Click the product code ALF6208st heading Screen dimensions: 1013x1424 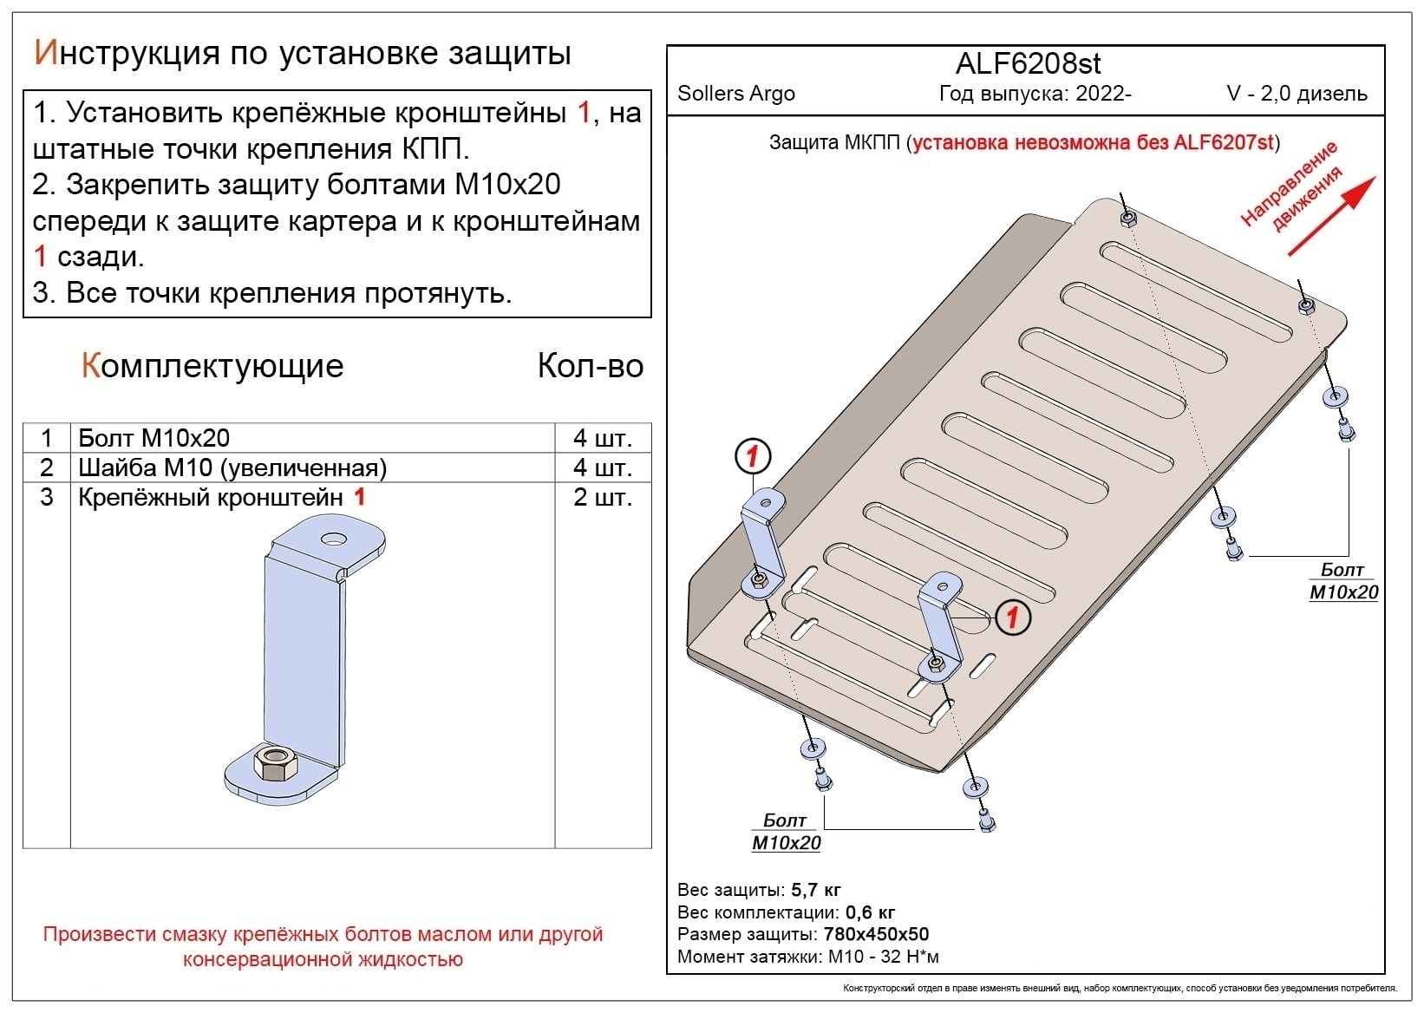(x=1028, y=63)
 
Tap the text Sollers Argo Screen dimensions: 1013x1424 (x=735, y=94)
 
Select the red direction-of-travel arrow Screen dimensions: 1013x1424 (x=1331, y=216)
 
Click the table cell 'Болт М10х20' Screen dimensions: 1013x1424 (x=154, y=438)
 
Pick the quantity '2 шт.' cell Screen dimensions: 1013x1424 (x=602, y=497)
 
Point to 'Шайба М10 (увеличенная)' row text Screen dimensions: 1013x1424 (x=232, y=467)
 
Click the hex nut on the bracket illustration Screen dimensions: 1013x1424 (x=276, y=764)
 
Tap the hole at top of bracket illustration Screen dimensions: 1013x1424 (x=333, y=539)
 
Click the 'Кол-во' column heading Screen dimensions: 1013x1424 (x=590, y=366)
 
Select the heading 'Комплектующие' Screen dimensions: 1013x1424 (x=212, y=366)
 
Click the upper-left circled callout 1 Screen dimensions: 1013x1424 (x=752, y=456)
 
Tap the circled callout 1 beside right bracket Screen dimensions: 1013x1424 (x=1012, y=618)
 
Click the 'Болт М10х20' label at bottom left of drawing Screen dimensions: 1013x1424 (x=786, y=832)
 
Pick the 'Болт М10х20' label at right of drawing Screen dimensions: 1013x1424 (x=1342, y=581)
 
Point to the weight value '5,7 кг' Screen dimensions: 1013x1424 (x=816, y=890)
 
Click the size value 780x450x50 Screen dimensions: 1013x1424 (x=876, y=934)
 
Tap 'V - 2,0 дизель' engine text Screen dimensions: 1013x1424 (x=1297, y=94)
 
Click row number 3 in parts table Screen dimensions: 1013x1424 (x=47, y=497)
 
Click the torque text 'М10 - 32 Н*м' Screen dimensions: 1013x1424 (x=883, y=957)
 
